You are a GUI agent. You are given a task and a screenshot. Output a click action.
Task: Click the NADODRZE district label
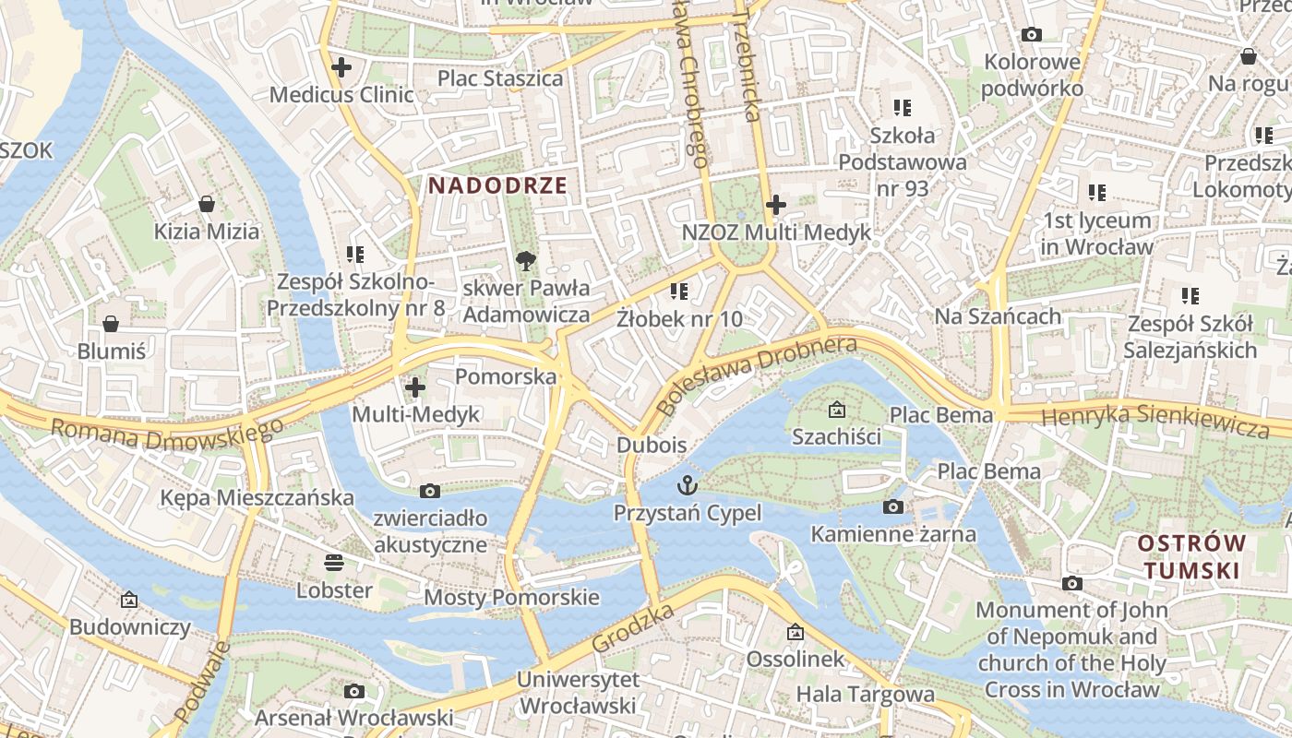coord(497,185)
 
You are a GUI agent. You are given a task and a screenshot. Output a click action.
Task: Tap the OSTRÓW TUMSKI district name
coord(1191,556)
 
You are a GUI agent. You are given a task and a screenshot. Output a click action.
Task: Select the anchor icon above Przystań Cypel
coord(688,483)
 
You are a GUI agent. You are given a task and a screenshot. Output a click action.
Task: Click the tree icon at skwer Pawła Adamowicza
coord(526,260)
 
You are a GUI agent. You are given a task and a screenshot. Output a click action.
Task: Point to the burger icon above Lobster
coord(334,562)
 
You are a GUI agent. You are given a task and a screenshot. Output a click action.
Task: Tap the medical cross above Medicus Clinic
coord(341,66)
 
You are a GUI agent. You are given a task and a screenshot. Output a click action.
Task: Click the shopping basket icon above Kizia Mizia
coord(207,203)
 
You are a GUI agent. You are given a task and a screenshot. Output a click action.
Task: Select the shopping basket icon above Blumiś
coord(111,323)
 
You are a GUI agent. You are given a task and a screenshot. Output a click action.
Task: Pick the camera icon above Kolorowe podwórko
coord(1032,35)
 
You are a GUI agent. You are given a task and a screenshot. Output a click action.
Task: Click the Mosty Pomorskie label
coord(511,597)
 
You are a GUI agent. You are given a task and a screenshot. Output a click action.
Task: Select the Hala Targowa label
coord(865,694)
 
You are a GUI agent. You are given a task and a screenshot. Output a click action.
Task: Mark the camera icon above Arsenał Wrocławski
coord(353,691)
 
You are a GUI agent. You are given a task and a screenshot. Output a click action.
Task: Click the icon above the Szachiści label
coord(836,410)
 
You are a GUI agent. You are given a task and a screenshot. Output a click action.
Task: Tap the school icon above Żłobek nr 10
coord(679,292)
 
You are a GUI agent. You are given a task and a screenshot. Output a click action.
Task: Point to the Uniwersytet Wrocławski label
coord(578,693)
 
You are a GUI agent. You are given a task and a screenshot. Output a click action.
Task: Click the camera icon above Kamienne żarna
coord(892,506)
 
